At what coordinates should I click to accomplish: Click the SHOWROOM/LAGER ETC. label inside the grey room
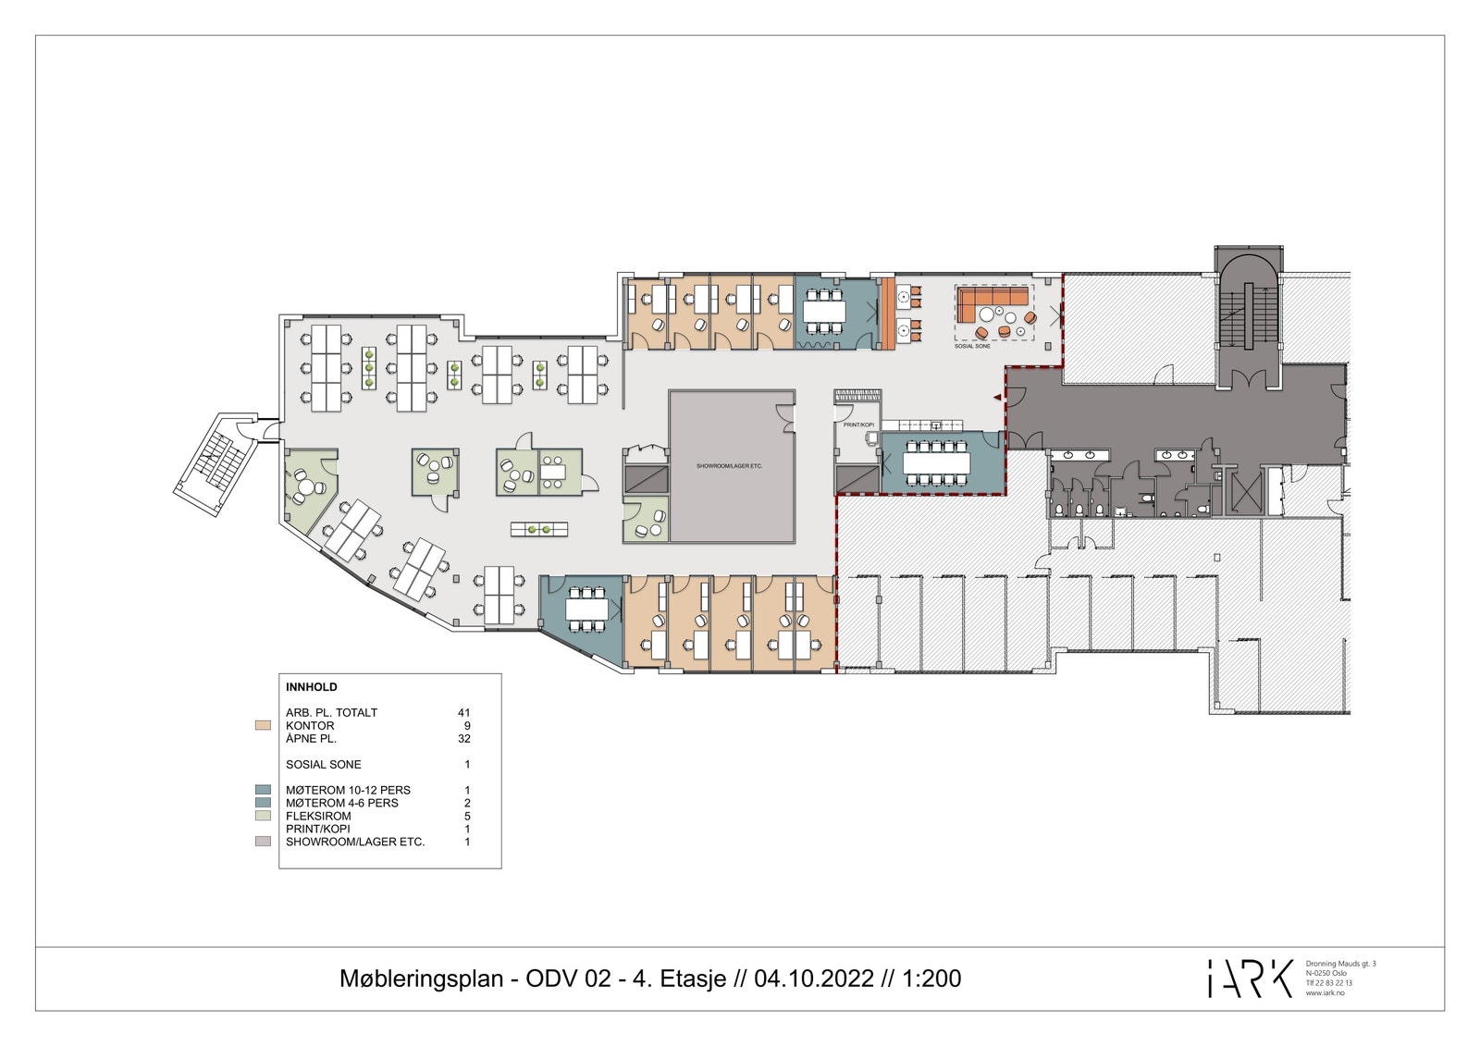tap(730, 466)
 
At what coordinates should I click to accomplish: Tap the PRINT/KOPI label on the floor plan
tap(858, 425)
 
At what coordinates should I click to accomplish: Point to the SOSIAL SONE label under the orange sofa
tap(972, 346)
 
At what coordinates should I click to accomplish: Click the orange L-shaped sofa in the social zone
tap(990, 299)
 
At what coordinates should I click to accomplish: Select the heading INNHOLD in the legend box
tap(312, 687)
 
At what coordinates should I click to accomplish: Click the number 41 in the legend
tap(463, 713)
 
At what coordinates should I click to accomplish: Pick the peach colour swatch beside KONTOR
tap(263, 726)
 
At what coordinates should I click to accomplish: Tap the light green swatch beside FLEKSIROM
tap(263, 816)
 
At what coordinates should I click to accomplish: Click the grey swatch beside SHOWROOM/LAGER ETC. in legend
tap(263, 842)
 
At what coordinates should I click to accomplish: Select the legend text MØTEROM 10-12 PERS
tap(348, 791)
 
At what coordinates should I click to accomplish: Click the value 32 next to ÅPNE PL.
tap(463, 739)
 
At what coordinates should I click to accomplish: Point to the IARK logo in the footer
tap(1250, 978)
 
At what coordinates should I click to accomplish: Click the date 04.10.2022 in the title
tap(814, 978)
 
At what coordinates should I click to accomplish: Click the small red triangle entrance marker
tap(996, 398)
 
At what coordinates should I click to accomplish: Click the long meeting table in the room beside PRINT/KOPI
tap(937, 460)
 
